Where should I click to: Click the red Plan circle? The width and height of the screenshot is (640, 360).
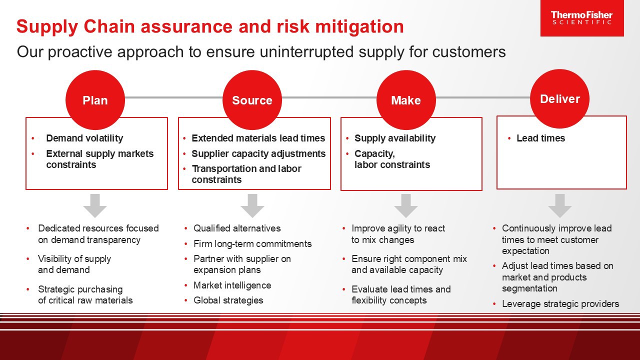coord(95,100)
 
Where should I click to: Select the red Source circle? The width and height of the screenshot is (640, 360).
coord(252,100)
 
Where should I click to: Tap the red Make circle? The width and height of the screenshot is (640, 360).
coord(405,100)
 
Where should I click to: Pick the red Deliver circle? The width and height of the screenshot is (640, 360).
coord(559,98)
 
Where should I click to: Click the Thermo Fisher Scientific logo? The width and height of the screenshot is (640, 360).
coord(581,18)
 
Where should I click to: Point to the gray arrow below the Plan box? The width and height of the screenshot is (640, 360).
coord(95,205)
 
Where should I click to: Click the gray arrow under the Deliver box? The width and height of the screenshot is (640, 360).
coord(559,205)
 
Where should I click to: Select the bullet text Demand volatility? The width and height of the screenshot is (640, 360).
coord(84,138)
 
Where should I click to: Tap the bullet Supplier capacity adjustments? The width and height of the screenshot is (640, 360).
coord(258,153)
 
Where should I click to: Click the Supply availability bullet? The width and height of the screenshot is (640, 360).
coord(394,138)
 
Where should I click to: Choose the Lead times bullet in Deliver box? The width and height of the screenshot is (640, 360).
coord(540,138)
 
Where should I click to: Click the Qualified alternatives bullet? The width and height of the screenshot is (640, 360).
coord(237,228)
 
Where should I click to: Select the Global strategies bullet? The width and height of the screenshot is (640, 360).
coord(228,300)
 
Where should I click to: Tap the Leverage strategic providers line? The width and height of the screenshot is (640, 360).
coord(560,304)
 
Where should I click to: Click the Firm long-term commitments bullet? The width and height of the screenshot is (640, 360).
coord(252,244)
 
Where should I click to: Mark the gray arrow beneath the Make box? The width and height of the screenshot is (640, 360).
coord(405,205)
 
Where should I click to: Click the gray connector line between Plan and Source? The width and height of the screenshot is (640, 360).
coord(173,97)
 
